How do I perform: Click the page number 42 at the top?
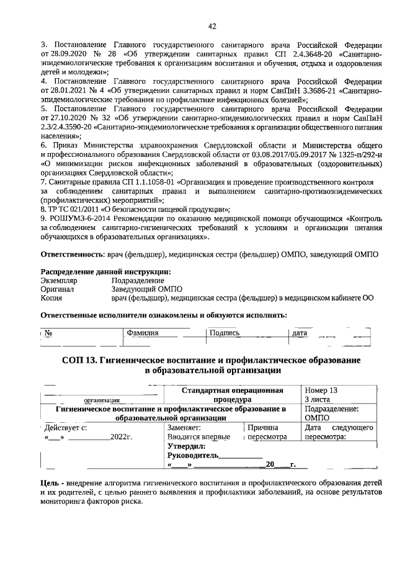212,26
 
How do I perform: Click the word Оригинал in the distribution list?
58,289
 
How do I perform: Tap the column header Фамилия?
142,334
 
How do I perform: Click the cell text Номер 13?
321,391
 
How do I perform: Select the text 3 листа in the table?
318,400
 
